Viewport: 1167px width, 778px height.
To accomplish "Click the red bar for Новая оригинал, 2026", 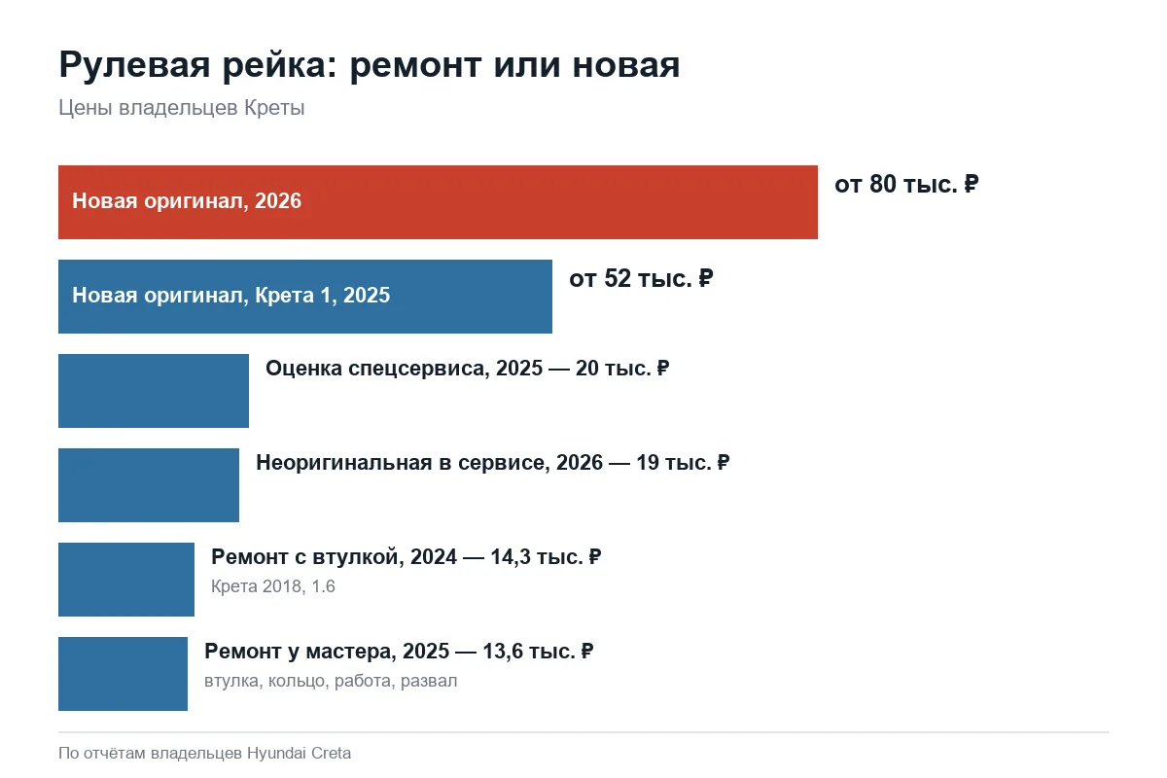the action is (x=438, y=202).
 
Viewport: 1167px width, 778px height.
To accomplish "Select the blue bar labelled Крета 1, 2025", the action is (x=305, y=297).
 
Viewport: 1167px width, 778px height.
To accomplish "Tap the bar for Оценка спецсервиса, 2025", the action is (x=154, y=391).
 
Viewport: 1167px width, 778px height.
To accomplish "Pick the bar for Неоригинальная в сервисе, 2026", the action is (x=149, y=485).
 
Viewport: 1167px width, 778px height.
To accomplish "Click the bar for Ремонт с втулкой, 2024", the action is (x=126, y=580).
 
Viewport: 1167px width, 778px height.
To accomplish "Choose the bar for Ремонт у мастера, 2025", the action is (x=123, y=674).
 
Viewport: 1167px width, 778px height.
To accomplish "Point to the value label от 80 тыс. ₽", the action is (x=906, y=184).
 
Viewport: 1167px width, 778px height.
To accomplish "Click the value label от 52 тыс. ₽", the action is (x=641, y=278).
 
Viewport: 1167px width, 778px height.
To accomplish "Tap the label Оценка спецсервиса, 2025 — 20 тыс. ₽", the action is (x=468, y=369).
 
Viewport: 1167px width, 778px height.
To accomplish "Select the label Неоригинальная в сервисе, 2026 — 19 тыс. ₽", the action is (x=492, y=463).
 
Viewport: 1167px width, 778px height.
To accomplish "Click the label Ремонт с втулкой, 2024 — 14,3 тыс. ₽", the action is (x=406, y=557).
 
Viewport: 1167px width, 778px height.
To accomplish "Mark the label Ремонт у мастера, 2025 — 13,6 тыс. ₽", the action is (x=399, y=652).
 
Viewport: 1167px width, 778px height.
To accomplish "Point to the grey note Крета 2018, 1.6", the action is (x=273, y=586).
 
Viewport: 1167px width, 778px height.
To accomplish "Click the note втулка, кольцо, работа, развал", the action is (x=331, y=681).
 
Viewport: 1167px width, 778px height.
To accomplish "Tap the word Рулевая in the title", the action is (x=134, y=66).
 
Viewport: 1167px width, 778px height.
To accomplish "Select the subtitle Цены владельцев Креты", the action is (x=181, y=108).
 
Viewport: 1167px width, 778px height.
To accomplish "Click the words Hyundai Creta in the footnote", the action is (x=299, y=753).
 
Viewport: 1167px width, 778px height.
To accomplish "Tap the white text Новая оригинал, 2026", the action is (x=187, y=201).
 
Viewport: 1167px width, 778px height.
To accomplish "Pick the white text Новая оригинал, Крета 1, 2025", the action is (x=230, y=296).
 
